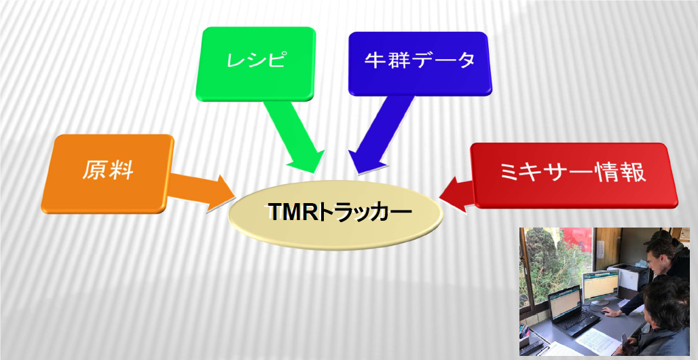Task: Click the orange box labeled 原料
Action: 107,173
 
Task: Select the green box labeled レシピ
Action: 255,64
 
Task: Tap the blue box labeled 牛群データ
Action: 420,63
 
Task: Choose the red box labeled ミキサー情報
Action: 574,175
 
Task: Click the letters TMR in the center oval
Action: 295,213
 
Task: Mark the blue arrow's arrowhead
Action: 365,161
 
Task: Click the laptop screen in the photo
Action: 566,303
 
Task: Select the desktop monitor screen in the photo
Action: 601,285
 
